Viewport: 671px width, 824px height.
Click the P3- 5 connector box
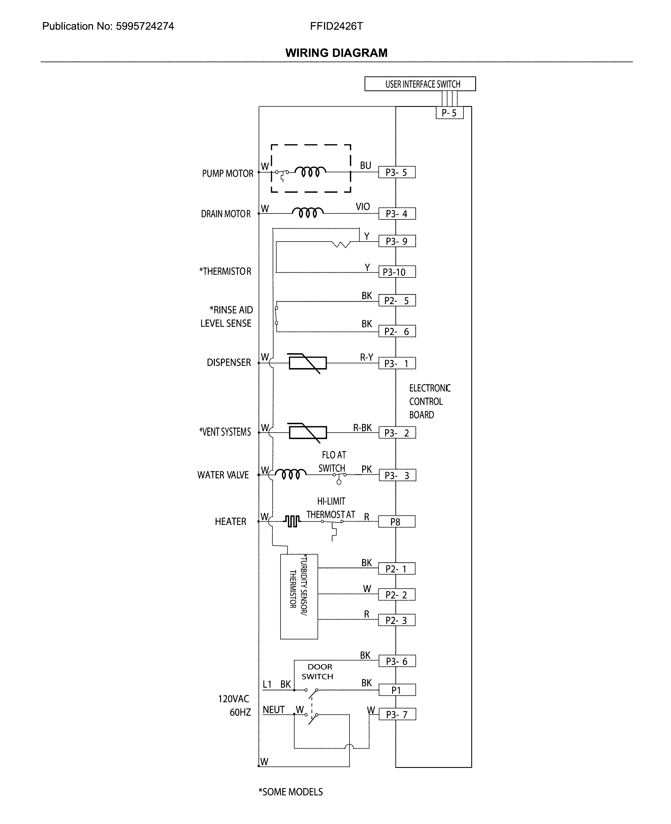(x=397, y=172)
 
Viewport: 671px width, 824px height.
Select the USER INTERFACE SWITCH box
(x=420, y=84)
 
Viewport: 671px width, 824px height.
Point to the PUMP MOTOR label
(x=228, y=174)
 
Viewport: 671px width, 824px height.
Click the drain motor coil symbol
(x=308, y=213)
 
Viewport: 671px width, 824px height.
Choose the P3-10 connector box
(x=397, y=272)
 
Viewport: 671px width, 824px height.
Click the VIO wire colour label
(x=362, y=207)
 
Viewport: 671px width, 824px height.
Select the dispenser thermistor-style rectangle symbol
(x=308, y=363)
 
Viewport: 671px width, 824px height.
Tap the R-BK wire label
(x=362, y=428)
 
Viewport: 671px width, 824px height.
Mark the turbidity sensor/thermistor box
(x=299, y=596)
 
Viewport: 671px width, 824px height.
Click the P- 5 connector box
(x=449, y=113)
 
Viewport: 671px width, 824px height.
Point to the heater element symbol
(x=293, y=521)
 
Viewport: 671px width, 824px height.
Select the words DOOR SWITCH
(x=318, y=672)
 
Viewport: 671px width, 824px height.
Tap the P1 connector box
(x=397, y=690)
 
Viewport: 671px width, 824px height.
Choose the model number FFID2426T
(x=336, y=26)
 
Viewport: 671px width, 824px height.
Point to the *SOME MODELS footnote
(x=291, y=792)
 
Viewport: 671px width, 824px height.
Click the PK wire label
(x=366, y=469)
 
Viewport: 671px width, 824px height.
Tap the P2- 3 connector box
(x=397, y=620)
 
